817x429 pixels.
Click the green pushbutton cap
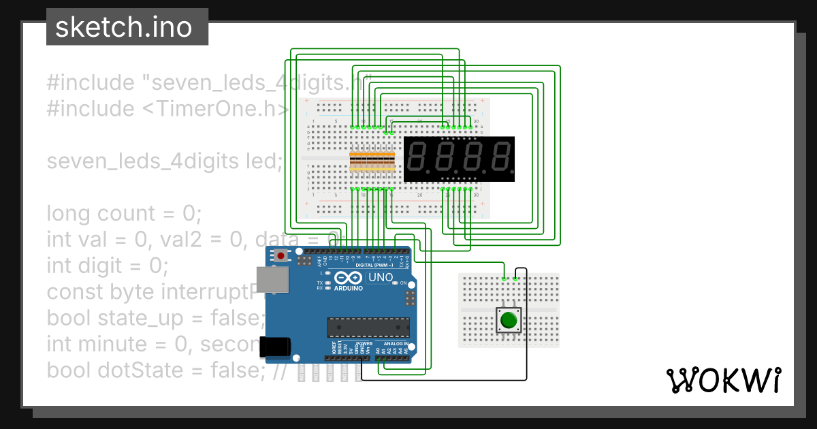tap(509, 319)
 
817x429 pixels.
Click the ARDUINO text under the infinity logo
tap(348, 288)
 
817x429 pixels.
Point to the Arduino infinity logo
tap(348, 279)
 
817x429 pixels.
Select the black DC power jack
tap(276, 347)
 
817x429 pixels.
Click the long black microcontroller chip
tap(368, 328)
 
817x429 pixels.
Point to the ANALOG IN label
tap(395, 344)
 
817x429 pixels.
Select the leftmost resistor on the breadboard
tap(353, 163)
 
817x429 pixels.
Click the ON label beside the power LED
tap(403, 283)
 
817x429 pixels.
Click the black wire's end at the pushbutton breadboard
tap(515, 278)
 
